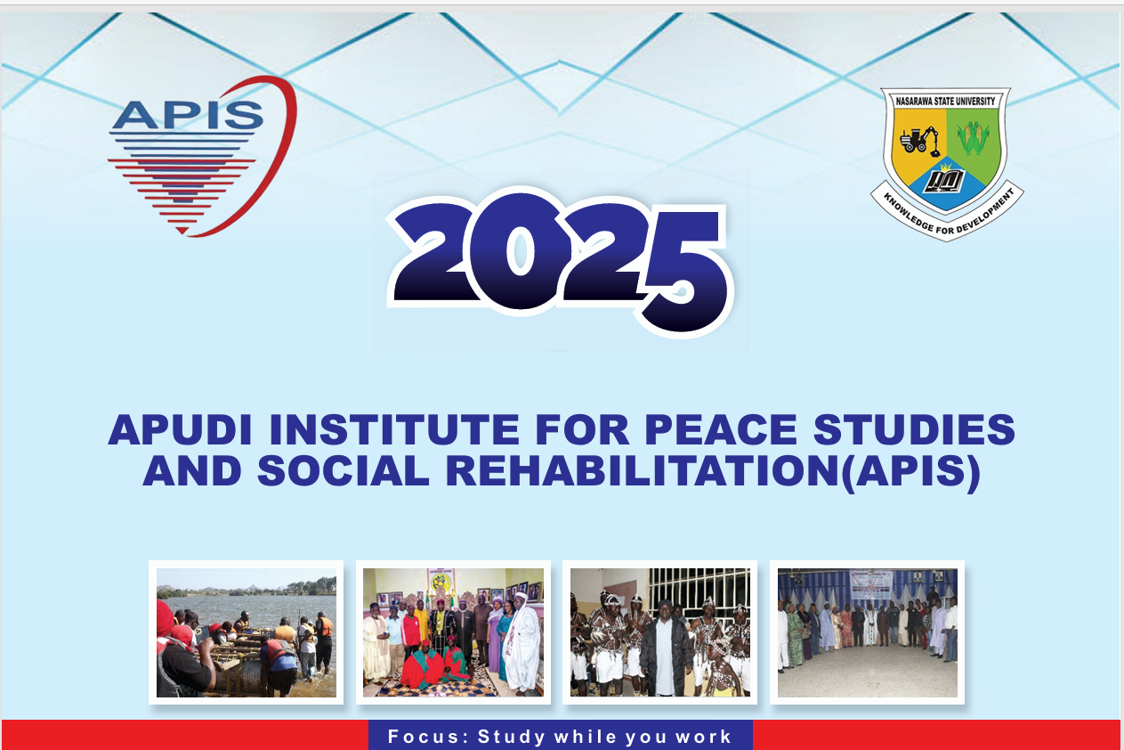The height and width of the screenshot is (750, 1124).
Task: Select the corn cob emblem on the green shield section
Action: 974,136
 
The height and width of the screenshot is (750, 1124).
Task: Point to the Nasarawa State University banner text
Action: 945,101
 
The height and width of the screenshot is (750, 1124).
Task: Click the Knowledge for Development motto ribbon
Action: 948,214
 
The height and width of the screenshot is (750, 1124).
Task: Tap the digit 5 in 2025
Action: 684,272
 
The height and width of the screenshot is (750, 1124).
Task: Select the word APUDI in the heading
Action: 180,429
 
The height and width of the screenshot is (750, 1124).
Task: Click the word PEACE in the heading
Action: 721,429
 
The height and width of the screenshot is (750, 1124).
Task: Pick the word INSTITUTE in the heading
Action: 394,429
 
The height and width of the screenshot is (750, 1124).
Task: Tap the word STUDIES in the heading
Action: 914,429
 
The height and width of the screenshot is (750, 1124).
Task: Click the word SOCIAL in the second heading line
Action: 344,470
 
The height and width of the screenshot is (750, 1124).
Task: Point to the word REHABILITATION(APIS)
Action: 713,472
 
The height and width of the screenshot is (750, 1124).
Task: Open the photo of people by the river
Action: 247,632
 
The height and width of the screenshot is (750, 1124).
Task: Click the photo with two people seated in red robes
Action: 453,632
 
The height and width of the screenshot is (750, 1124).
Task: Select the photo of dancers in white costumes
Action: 659,632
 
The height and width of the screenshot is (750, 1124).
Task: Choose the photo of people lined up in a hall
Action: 867,632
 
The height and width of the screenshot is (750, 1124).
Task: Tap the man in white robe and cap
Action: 522,643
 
